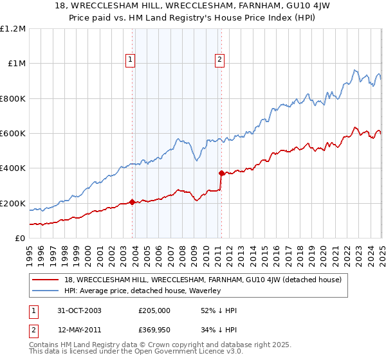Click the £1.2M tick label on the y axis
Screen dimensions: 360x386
tap(13, 29)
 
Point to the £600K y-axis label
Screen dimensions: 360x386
tap(13, 134)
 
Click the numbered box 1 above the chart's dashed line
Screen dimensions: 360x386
tap(131, 60)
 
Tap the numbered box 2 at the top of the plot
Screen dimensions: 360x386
tap(219, 60)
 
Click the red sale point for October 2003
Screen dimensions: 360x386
tap(133, 203)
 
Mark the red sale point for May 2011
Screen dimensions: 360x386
tap(221, 173)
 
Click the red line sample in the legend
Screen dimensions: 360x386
tap(46, 280)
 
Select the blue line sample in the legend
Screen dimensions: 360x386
tap(46, 291)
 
